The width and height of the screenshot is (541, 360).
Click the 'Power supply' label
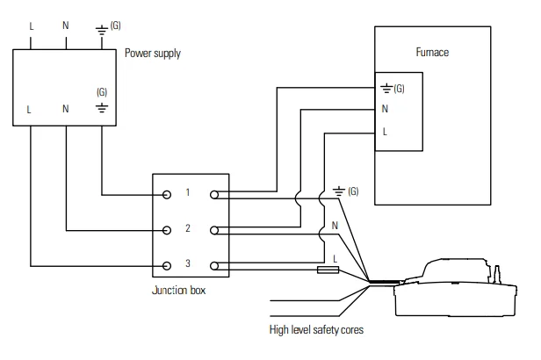tap(152, 54)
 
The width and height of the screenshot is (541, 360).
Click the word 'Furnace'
tap(431, 53)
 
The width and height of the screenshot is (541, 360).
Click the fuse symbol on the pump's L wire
tap(328, 270)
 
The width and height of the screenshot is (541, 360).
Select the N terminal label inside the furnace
tap(385, 110)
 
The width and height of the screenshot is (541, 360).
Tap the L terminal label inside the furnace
tap(385, 133)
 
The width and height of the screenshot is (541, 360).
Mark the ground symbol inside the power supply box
tap(102, 109)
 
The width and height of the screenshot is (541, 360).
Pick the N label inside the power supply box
tap(66, 110)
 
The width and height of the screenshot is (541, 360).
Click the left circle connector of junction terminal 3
tap(167, 264)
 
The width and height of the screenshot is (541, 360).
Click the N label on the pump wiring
tap(335, 225)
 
